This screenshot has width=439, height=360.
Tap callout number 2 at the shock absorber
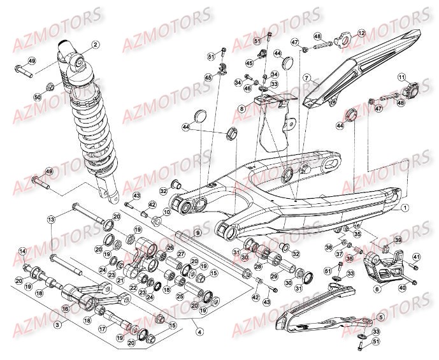[95, 45]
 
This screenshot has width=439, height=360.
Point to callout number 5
[381, 317]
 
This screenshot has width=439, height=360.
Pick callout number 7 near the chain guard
[306, 78]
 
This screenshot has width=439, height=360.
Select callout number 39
[398, 240]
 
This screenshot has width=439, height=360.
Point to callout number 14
[22, 252]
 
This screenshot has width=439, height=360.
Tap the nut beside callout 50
[52, 86]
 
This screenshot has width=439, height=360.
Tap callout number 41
[416, 257]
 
